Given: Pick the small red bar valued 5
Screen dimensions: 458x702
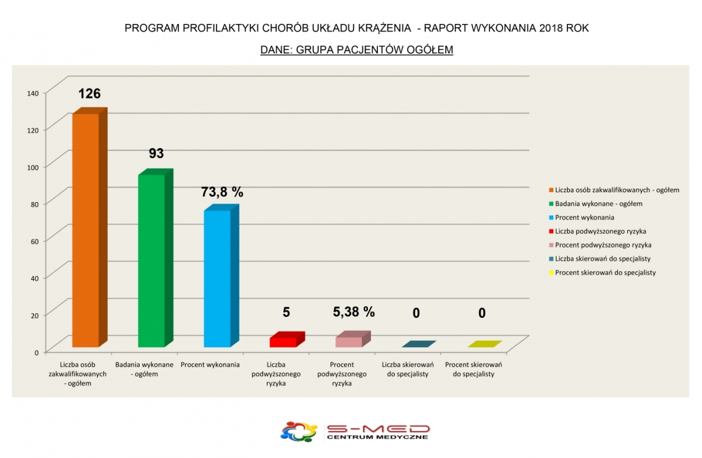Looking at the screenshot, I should coord(283,341).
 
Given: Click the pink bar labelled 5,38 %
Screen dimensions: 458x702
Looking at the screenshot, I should coord(349,341).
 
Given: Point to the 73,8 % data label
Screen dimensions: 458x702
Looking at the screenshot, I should coord(222,192).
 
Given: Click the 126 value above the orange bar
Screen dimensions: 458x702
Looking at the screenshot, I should coord(90,94).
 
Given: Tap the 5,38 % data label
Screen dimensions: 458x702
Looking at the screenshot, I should coord(354,312).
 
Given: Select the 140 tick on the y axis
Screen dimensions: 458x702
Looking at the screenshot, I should coord(33,93).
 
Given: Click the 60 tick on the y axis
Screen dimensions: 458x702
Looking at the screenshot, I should coord(35,241).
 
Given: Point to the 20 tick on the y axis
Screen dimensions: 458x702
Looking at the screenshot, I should coord(35,315).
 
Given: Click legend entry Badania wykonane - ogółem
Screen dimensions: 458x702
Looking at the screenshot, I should coord(598,204).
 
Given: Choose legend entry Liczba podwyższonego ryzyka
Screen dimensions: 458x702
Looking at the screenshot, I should coord(600,231).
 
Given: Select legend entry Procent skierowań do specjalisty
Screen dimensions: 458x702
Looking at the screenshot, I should coord(605,272).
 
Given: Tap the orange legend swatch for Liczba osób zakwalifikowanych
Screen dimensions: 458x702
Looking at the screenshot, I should coord(550,190).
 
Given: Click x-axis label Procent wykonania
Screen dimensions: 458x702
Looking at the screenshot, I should coord(210,365).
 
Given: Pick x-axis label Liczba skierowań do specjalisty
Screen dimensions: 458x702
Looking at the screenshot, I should coord(408,369).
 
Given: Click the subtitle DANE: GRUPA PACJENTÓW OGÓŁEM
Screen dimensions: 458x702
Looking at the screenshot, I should coord(357,50).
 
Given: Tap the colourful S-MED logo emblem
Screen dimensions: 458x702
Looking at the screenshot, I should coord(299,432).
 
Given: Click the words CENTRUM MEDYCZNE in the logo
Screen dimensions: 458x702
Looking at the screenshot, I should coord(377,437).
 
